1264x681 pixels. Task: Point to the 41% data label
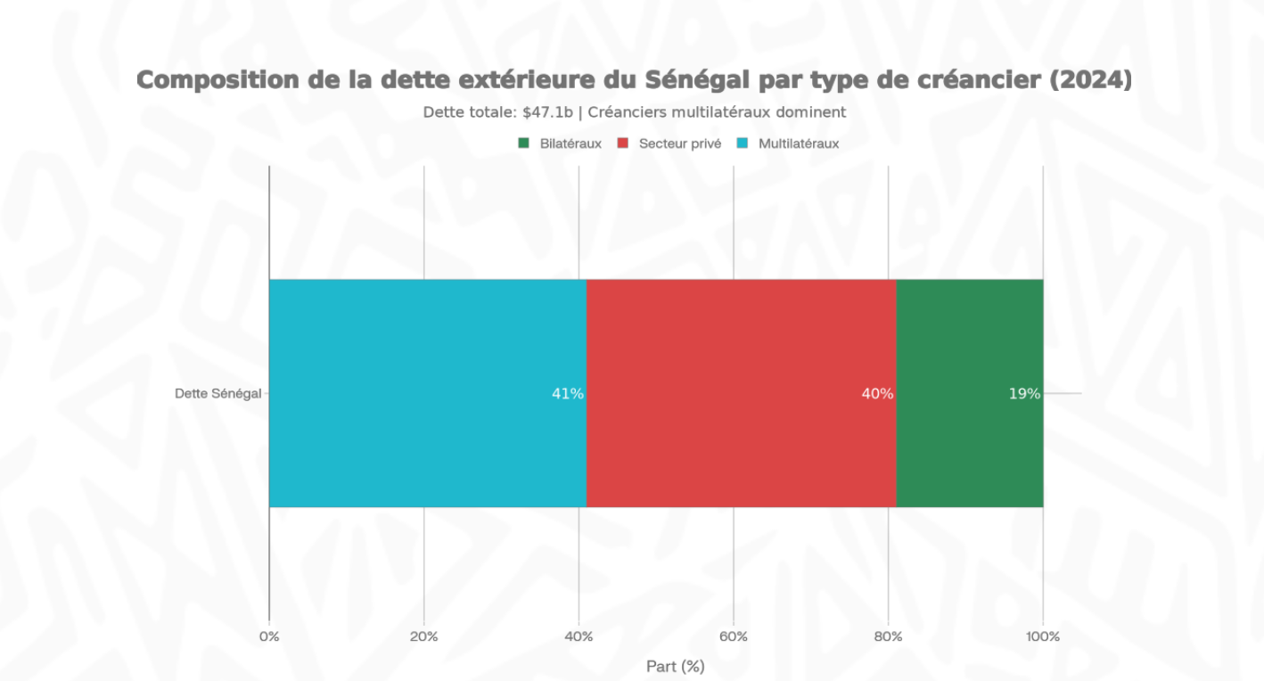pyautogui.click(x=568, y=394)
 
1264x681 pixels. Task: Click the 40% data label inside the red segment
pyautogui.click(x=877, y=394)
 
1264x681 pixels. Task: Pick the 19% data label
pyautogui.click(x=1024, y=394)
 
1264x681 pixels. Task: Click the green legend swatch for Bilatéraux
pyautogui.click(x=524, y=144)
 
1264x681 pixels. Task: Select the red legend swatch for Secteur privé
pyautogui.click(x=624, y=144)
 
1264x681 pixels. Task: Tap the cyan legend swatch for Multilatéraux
pyautogui.click(x=742, y=144)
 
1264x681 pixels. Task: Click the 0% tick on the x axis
pyautogui.click(x=269, y=636)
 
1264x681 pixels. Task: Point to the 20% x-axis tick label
pyautogui.click(x=423, y=636)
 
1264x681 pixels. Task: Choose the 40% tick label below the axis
pyautogui.click(x=579, y=636)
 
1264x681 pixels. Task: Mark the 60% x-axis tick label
pyautogui.click(x=733, y=636)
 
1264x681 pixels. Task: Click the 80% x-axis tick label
pyautogui.click(x=888, y=636)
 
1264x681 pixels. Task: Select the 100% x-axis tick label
pyautogui.click(x=1043, y=636)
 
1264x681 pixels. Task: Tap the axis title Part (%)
pyautogui.click(x=675, y=666)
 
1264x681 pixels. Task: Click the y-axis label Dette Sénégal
pyautogui.click(x=218, y=393)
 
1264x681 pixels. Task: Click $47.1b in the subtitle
pyautogui.click(x=548, y=112)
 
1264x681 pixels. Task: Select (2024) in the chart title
pyautogui.click(x=1090, y=80)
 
